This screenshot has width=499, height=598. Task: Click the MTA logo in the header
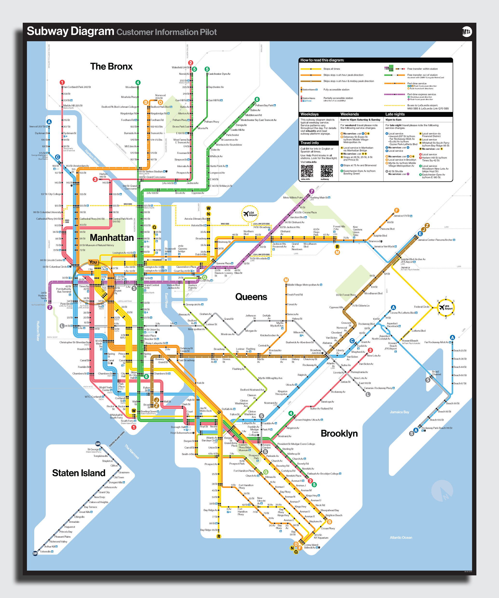(x=466, y=32)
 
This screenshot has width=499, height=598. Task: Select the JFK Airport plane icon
(x=445, y=307)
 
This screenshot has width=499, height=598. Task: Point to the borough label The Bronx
(x=111, y=67)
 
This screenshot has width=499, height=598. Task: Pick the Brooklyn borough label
(x=339, y=433)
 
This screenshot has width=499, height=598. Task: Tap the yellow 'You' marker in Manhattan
(x=93, y=262)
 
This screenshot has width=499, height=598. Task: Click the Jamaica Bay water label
(x=399, y=412)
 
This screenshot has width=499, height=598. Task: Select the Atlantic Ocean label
(x=401, y=537)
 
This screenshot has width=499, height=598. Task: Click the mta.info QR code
(x=307, y=171)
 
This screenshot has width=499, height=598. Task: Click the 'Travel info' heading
(x=310, y=143)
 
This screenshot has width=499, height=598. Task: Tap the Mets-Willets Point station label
(x=293, y=197)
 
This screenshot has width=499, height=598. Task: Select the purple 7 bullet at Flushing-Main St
(x=312, y=191)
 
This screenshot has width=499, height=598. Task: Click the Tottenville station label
(x=45, y=552)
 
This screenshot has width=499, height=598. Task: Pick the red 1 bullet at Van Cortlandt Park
(x=62, y=82)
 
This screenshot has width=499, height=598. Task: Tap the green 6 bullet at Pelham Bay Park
(x=257, y=99)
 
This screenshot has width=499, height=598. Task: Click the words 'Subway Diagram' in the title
(x=70, y=31)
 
